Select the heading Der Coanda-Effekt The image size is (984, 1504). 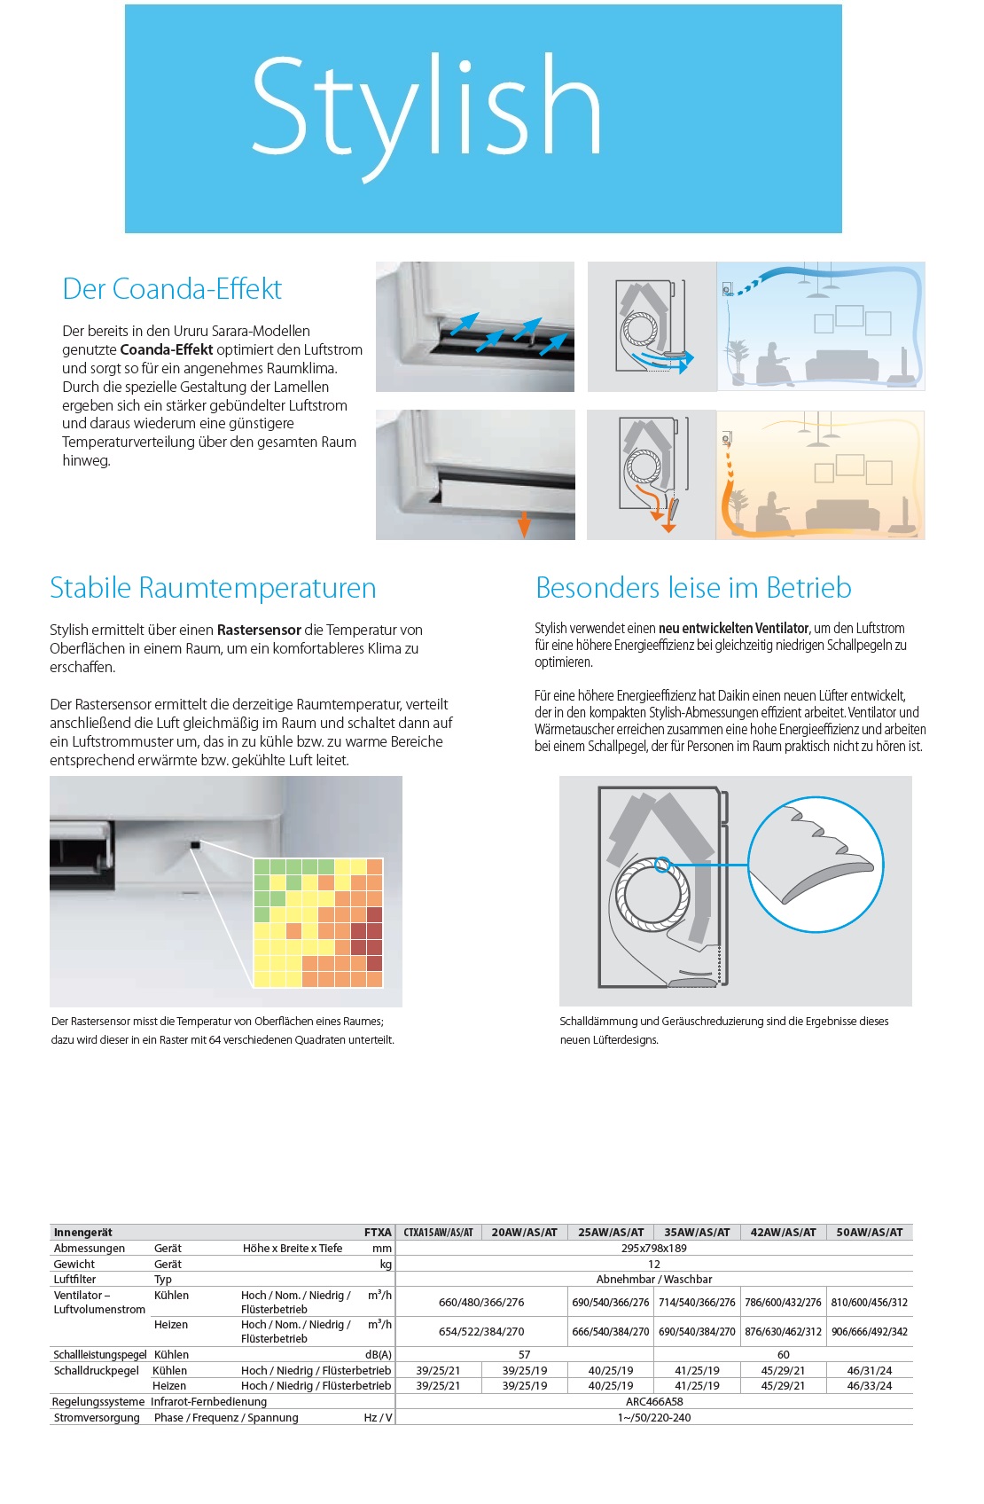[172, 289]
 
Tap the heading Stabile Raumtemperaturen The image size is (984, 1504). [213, 588]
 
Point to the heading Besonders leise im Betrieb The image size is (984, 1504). [693, 588]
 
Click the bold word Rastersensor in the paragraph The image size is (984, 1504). [259, 631]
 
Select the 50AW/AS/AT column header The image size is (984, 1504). [869, 1233]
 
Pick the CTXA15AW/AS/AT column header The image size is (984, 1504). [438, 1233]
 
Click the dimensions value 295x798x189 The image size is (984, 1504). [653, 1249]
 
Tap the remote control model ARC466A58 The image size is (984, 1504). [653, 1402]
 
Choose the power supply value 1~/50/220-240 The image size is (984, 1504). [653, 1418]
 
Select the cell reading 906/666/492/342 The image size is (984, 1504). [869, 1332]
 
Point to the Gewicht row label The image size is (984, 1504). [74, 1265]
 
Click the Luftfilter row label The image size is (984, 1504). [74, 1280]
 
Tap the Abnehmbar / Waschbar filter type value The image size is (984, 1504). [653, 1280]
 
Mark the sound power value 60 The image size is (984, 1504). [783, 1355]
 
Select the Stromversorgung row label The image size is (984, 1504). [96, 1418]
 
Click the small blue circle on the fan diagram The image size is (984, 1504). [661, 864]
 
